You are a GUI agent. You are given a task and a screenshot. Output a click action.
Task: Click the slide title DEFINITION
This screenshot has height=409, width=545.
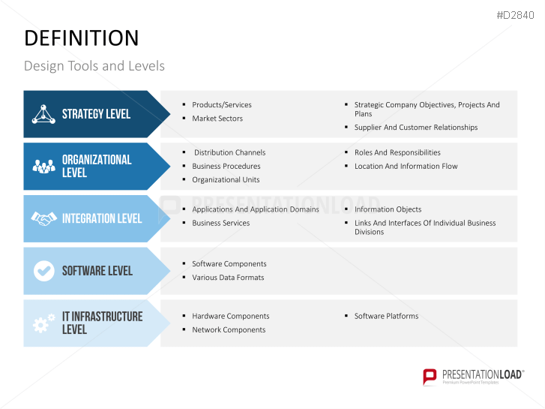tap(81, 38)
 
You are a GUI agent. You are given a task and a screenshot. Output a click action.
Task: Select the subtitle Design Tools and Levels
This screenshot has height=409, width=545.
tap(94, 66)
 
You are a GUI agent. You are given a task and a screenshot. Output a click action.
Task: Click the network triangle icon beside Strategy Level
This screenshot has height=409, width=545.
tap(43, 114)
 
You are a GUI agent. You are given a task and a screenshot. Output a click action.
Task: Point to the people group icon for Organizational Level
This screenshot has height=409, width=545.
tap(43, 166)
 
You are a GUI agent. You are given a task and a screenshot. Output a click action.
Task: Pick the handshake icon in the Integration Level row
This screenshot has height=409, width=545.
tap(43, 218)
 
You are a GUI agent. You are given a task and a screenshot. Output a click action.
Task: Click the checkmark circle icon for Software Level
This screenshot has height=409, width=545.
tap(43, 270)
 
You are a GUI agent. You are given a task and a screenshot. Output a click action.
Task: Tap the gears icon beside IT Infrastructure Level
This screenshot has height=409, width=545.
tap(43, 323)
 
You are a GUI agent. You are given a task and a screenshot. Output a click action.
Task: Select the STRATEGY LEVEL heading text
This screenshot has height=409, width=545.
tap(96, 114)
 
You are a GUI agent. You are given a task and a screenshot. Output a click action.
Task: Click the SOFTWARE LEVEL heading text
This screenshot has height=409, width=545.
tap(97, 270)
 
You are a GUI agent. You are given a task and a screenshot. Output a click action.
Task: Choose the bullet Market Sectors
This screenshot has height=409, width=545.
tap(217, 119)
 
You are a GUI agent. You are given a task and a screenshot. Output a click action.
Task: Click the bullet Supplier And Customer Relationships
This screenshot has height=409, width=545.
tap(415, 128)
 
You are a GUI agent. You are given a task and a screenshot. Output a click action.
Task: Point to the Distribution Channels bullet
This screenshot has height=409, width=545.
tap(229, 152)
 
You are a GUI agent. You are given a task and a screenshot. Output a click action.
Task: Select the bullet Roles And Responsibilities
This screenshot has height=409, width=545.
tap(397, 152)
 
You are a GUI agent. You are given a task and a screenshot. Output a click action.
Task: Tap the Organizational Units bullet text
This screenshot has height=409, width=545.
tap(226, 179)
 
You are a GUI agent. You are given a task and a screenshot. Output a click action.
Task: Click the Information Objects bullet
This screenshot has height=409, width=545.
tap(388, 209)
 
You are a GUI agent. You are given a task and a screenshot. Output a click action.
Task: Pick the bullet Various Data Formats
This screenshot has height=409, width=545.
tap(228, 278)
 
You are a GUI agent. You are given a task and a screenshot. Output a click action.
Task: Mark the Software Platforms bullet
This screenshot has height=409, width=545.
tap(386, 316)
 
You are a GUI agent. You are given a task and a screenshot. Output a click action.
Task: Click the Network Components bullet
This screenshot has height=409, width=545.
tap(228, 329)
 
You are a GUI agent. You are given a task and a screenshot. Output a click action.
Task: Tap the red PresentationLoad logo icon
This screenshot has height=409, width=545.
tap(430, 376)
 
